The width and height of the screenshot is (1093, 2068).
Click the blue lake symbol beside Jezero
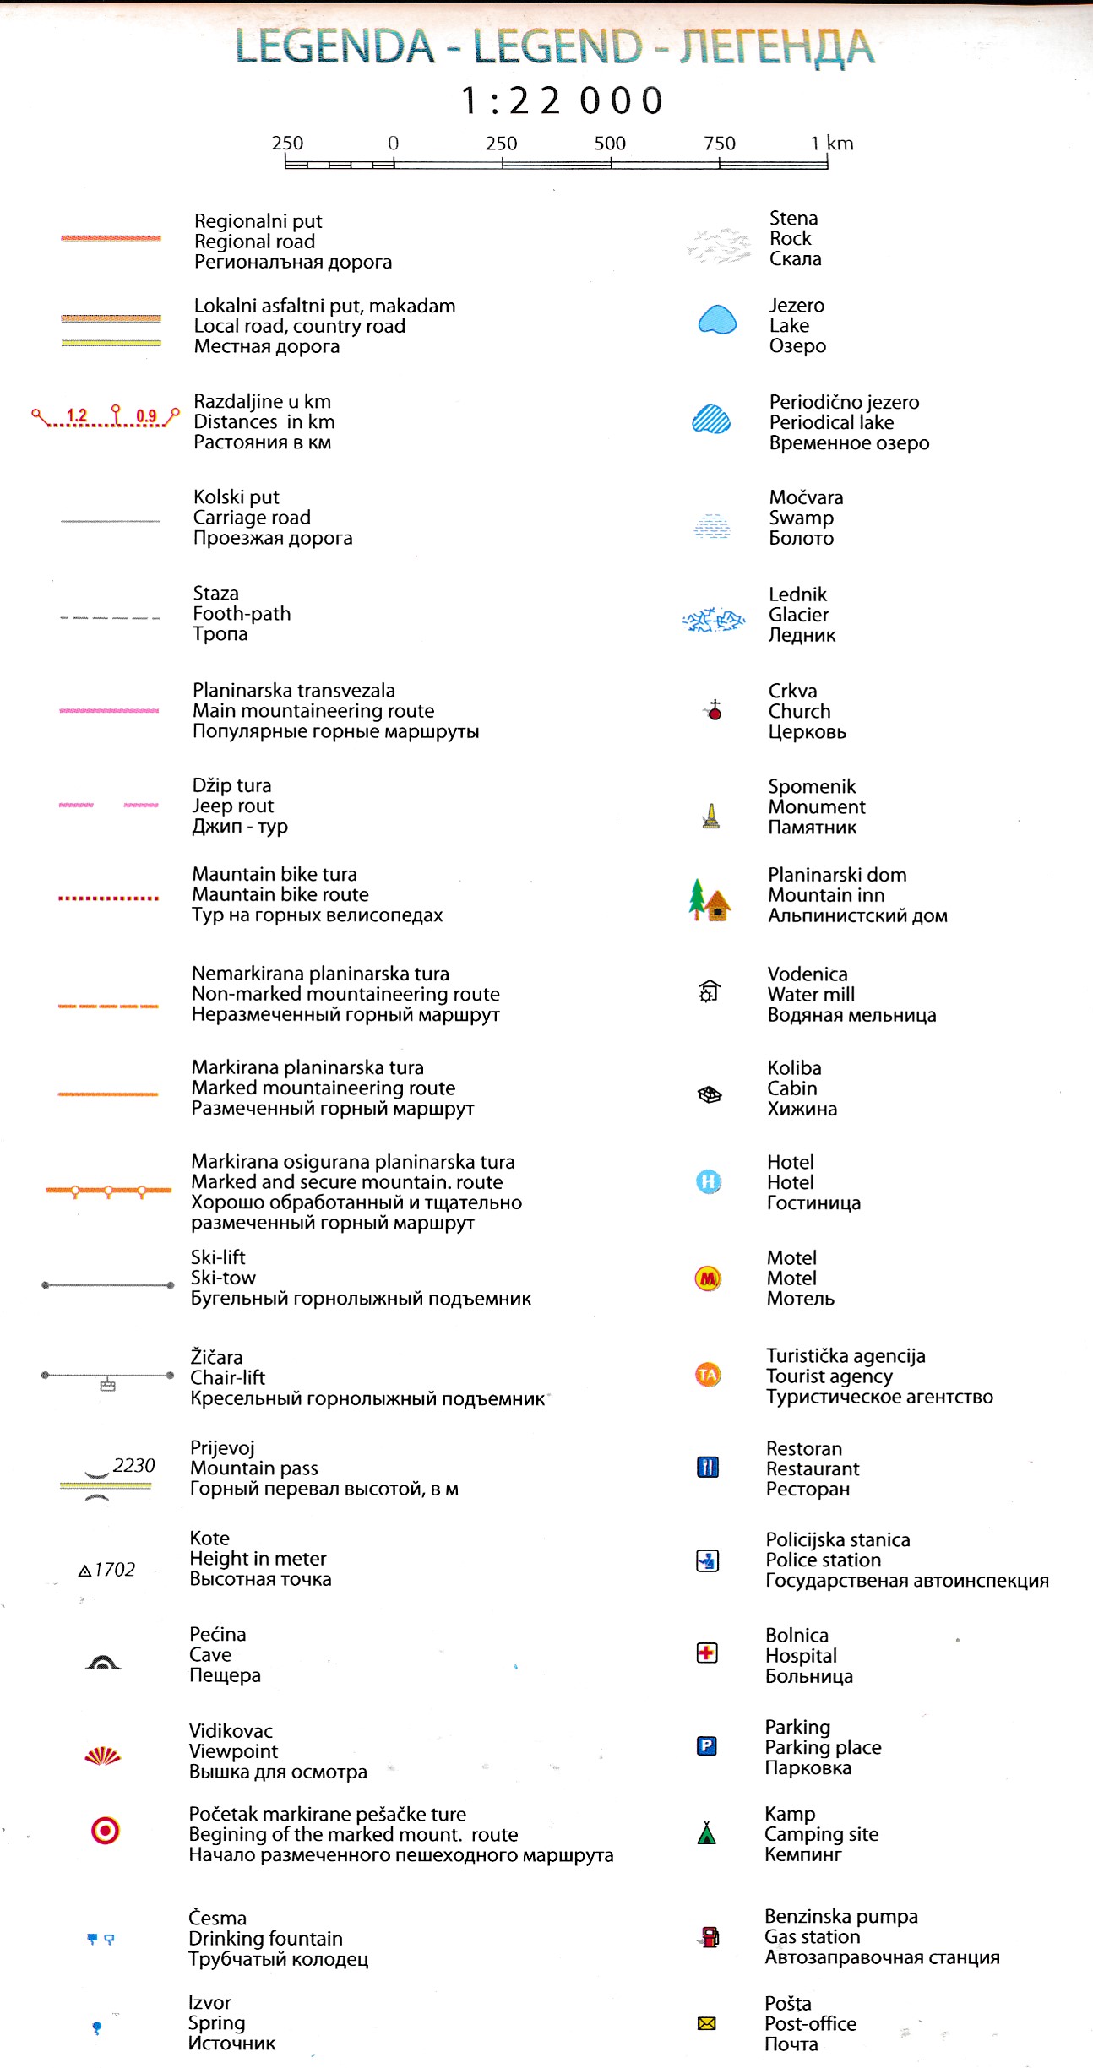[x=717, y=320]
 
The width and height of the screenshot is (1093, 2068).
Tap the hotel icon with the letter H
[x=709, y=1181]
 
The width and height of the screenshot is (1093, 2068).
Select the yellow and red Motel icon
[x=708, y=1278]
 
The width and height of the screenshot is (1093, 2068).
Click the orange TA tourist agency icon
[x=708, y=1375]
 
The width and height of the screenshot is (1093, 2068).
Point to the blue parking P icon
[x=707, y=1745]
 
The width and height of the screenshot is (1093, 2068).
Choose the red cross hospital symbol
[x=707, y=1653]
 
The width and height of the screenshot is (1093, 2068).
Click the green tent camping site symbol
[x=707, y=1832]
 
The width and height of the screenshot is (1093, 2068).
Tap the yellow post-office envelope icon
[x=707, y=2023]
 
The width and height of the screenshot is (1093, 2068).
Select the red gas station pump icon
[x=710, y=1936]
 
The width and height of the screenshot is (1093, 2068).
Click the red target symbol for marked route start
[x=105, y=1831]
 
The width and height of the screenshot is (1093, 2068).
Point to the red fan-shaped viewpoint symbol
[x=103, y=1756]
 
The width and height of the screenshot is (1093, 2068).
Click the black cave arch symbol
[x=103, y=1662]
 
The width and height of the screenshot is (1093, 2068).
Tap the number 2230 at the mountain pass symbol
[x=133, y=1465]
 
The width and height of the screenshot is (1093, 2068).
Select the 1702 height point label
[x=114, y=1570]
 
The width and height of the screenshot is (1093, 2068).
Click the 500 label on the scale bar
[x=610, y=144]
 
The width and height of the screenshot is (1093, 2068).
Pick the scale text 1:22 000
[x=563, y=101]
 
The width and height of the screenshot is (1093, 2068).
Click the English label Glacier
[x=798, y=615]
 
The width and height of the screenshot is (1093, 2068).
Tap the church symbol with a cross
[x=715, y=710]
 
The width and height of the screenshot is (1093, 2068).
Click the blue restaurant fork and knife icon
[x=708, y=1467]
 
